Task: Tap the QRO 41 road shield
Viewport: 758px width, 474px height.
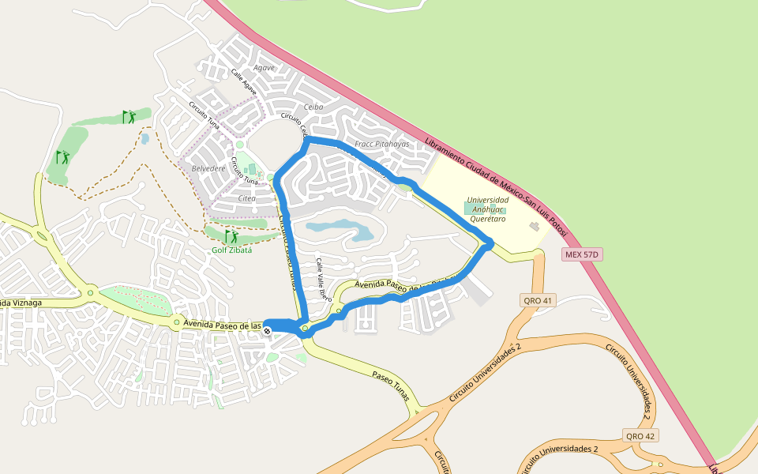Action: pyautogui.click(x=538, y=300)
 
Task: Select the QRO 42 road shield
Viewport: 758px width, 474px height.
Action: pyautogui.click(x=640, y=436)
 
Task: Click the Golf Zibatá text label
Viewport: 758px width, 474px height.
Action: pyautogui.click(x=231, y=250)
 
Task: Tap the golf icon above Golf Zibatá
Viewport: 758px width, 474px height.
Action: pyautogui.click(x=231, y=236)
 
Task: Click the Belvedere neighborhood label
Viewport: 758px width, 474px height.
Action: pyautogui.click(x=208, y=168)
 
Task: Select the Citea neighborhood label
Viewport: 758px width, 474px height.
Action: pyautogui.click(x=246, y=198)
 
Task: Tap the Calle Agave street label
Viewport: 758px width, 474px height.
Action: pyautogui.click(x=244, y=82)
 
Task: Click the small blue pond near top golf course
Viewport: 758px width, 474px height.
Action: pyautogui.click(x=144, y=139)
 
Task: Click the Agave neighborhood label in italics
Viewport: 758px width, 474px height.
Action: pyautogui.click(x=264, y=68)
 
